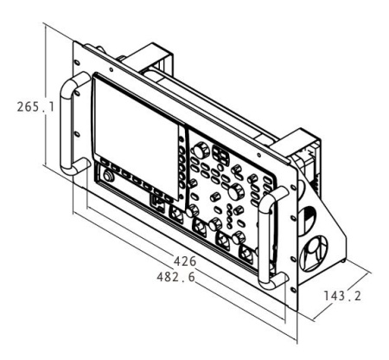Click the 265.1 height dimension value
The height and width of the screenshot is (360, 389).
(x=35, y=106)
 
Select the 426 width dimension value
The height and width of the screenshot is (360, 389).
(x=185, y=261)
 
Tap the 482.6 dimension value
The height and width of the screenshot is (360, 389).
(x=176, y=277)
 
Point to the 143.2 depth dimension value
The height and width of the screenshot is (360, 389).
(x=342, y=296)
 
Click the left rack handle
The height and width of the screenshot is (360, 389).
(x=66, y=124)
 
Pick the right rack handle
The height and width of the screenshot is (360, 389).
(x=265, y=240)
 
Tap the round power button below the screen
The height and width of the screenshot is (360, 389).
(x=108, y=177)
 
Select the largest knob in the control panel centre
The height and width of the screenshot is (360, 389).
(x=236, y=191)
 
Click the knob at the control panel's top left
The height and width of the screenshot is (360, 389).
(x=201, y=151)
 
